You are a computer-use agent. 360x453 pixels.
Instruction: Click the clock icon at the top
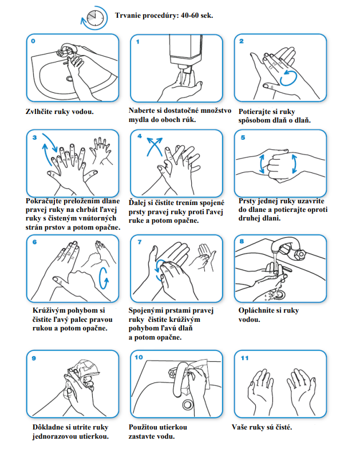pos(95,18)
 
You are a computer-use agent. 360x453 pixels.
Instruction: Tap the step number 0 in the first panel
pos(33,41)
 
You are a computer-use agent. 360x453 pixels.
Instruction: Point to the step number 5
pos(243,137)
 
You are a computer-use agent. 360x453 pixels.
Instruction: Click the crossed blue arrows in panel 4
pos(155,147)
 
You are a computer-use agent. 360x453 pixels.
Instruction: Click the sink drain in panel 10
pos(187,404)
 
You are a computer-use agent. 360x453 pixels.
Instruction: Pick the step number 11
pos(244,359)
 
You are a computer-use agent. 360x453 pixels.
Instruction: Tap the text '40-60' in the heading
pos(189,15)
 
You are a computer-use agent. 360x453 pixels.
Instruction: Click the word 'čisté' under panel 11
pos(282,427)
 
